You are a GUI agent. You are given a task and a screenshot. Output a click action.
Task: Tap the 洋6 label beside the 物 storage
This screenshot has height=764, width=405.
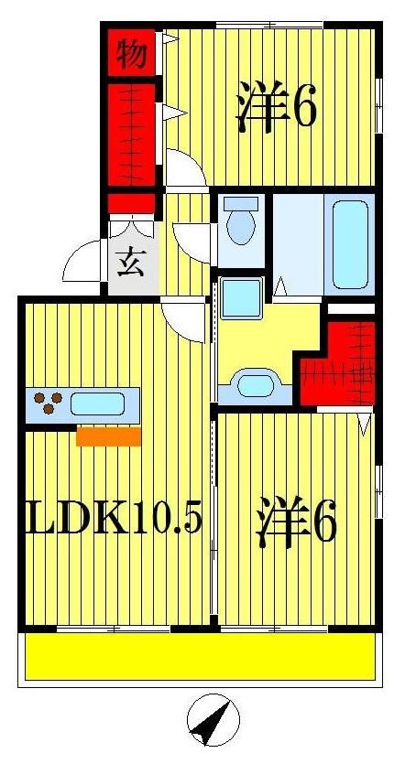276,107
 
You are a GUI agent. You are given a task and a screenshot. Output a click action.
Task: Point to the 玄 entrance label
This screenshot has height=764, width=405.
127,263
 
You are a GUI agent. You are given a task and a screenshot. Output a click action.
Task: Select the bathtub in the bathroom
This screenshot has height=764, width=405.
350,243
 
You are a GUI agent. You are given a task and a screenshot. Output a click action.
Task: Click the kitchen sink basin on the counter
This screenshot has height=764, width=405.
97,404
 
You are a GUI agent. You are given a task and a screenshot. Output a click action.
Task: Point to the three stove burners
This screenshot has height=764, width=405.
47,403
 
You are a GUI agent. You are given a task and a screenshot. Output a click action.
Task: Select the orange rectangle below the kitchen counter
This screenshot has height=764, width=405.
108,436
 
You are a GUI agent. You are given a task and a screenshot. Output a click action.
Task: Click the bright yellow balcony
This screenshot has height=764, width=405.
199,657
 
